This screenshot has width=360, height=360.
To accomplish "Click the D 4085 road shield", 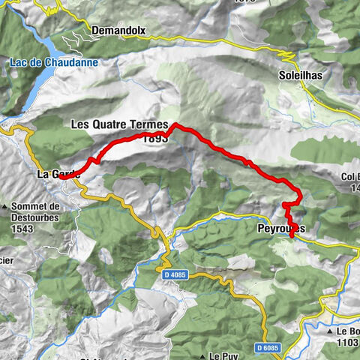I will (x=173, y=274).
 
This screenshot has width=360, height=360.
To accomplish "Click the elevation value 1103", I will (x=346, y=341).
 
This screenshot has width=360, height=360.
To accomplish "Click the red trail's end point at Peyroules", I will (x=291, y=238).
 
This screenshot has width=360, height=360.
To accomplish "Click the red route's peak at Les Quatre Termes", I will (x=174, y=124).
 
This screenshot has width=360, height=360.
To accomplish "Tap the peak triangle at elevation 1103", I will (x=330, y=330).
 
